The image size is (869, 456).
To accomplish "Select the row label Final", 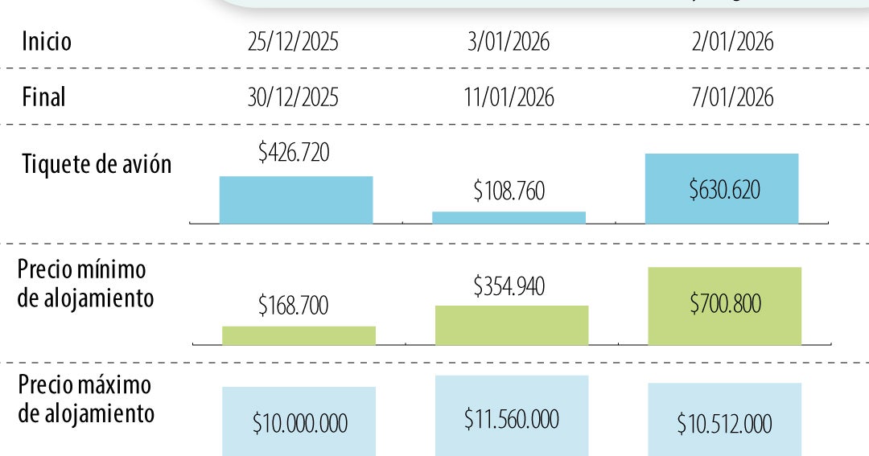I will click(44, 97).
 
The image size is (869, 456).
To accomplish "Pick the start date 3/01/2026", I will click(509, 42).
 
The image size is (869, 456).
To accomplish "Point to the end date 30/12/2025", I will click(294, 97).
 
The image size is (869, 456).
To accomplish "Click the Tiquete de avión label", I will click(97, 164).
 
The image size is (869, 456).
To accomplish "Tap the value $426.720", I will click(294, 152).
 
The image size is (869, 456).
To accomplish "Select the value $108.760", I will click(509, 191).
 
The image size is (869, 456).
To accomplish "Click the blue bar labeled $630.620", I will click(722, 188).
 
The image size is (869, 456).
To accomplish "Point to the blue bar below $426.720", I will click(296, 199).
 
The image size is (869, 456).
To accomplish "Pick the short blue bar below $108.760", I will click(509, 217).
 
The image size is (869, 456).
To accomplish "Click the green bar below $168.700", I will click(299, 335).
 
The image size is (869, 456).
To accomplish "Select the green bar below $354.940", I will click(512, 325).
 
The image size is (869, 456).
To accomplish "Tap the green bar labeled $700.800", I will click(724, 306).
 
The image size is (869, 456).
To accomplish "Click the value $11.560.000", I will click(512, 419).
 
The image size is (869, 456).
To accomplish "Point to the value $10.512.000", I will click(724, 423).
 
